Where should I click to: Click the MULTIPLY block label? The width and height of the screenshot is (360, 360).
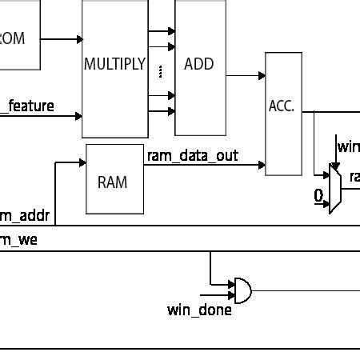(x=114, y=64)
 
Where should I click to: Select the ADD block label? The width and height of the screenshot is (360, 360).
(x=199, y=64)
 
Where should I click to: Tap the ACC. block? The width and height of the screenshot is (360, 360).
(x=283, y=106)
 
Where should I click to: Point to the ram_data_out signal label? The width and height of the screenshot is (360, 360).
(x=192, y=155)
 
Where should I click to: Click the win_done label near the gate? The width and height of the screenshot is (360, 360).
(x=199, y=310)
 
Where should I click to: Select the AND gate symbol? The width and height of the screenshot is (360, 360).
(x=241, y=290)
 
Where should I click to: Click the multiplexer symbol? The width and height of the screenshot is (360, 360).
(x=335, y=188)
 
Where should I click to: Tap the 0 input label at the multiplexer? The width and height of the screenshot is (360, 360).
(x=318, y=195)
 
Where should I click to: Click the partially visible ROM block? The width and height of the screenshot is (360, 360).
(x=18, y=38)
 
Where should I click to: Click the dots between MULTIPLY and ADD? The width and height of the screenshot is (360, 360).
(x=162, y=71)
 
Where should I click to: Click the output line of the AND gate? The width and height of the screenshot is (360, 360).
(x=304, y=290)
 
